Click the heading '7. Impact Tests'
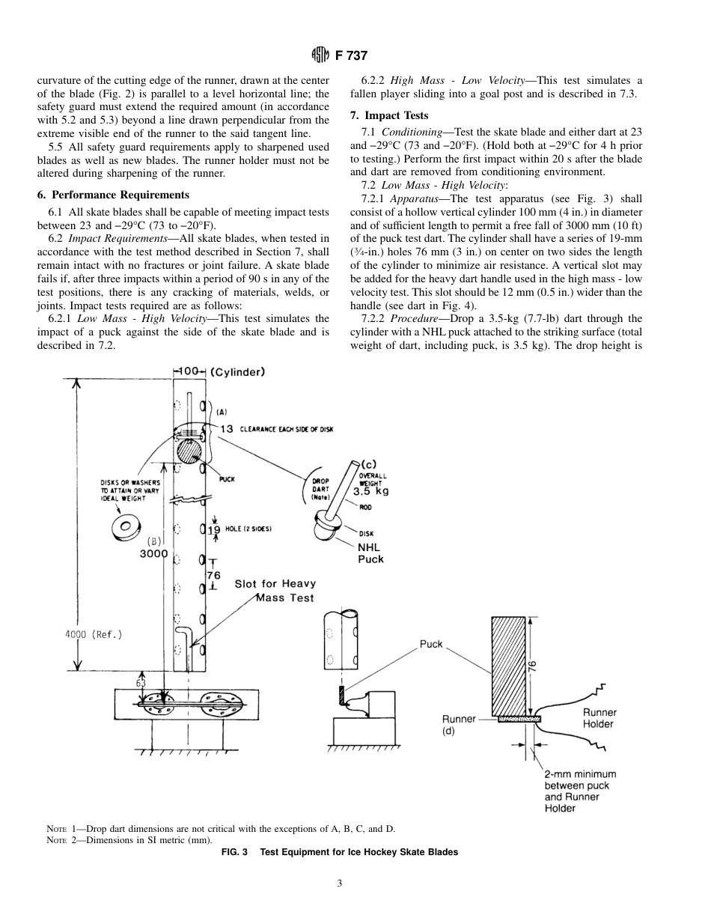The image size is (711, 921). click(389, 115)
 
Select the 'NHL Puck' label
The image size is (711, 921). click(370, 553)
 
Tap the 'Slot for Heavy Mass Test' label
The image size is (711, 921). click(275, 590)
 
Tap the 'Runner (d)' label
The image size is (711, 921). click(459, 725)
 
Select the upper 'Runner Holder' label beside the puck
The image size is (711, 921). click(599, 718)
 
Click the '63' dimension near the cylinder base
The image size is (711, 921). click(141, 684)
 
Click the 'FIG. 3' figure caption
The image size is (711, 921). click(339, 852)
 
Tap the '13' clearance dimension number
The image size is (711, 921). click(227, 428)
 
